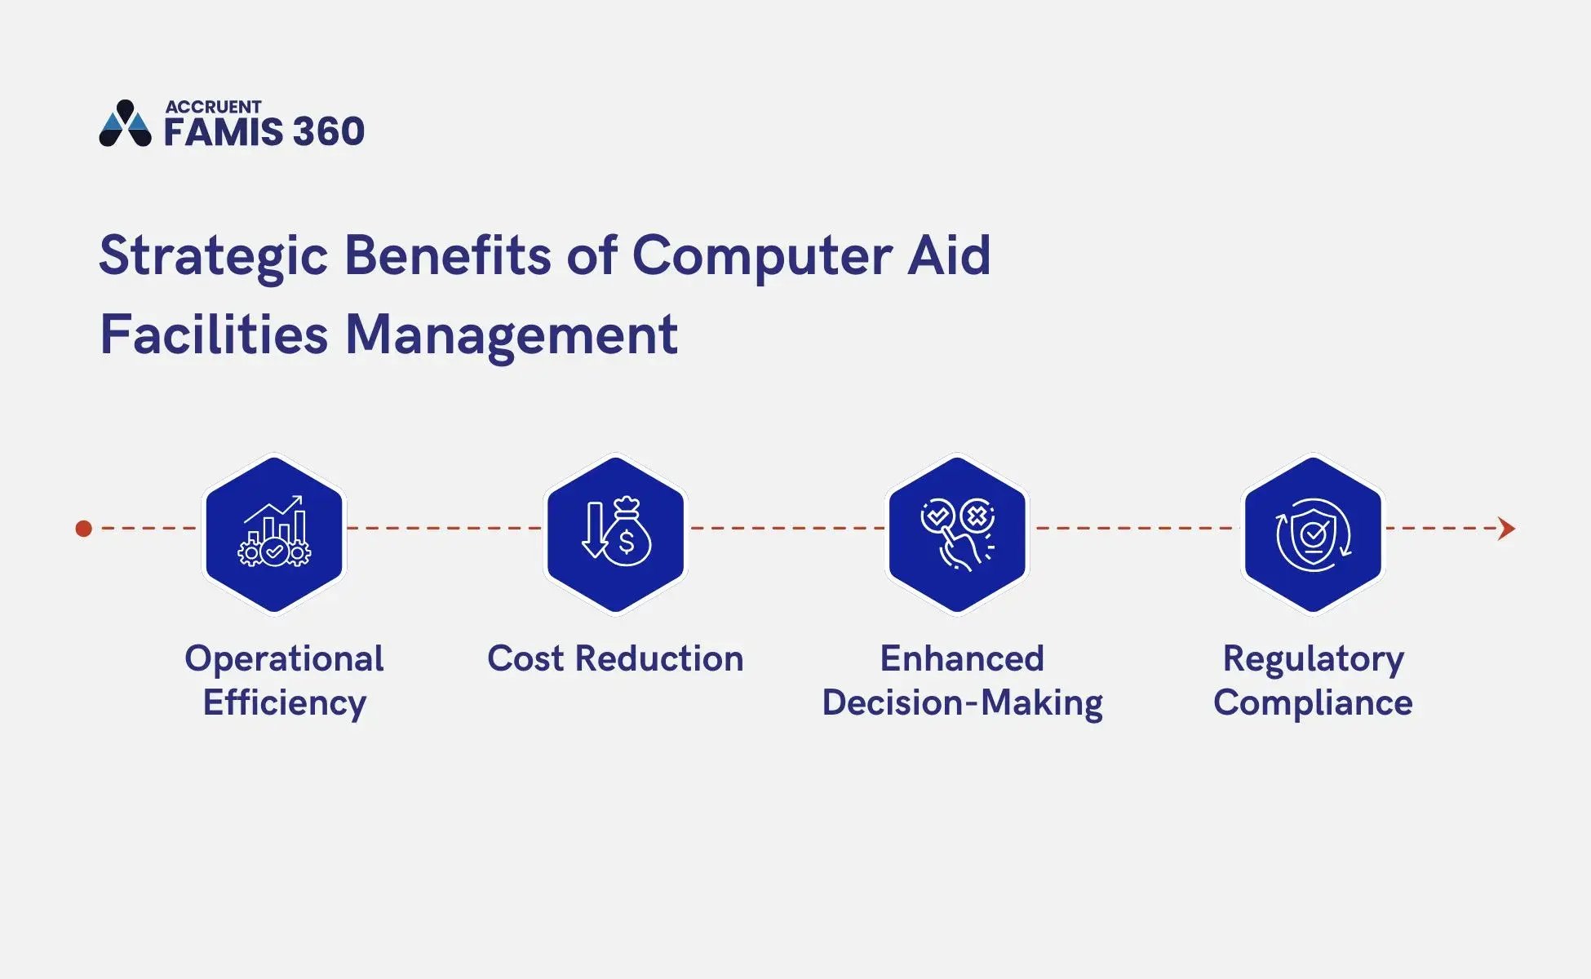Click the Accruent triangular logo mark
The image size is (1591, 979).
[125, 124]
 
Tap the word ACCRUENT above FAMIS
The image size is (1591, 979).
[213, 107]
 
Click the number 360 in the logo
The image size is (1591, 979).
[328, 132]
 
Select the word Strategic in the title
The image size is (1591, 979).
[213, 257]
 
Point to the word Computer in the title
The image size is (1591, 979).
[762, 257]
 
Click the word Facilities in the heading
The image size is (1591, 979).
[213, 335]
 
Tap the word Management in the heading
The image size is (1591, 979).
[512, 335]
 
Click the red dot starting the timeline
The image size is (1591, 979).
[83, 529]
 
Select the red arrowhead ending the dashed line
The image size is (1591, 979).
[1506, 529]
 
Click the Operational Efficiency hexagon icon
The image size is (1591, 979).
[274, 534]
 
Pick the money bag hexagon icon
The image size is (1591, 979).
[615, 534]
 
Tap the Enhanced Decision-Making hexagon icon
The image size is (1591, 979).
[956, 534]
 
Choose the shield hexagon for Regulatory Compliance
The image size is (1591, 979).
[1312, 534]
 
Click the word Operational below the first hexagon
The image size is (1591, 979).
[284, 659]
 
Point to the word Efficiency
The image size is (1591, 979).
[284, 703]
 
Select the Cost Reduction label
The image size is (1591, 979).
[615, 659]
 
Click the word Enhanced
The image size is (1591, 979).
[962, 659]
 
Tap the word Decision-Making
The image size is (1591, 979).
[962, 703]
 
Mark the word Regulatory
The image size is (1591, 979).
[1313, 659]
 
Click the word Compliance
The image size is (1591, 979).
[1313, 703]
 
